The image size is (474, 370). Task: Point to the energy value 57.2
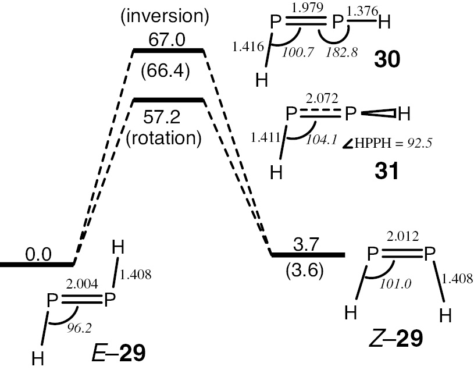tap(168, 117)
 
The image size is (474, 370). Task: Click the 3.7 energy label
tap(308, 246)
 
